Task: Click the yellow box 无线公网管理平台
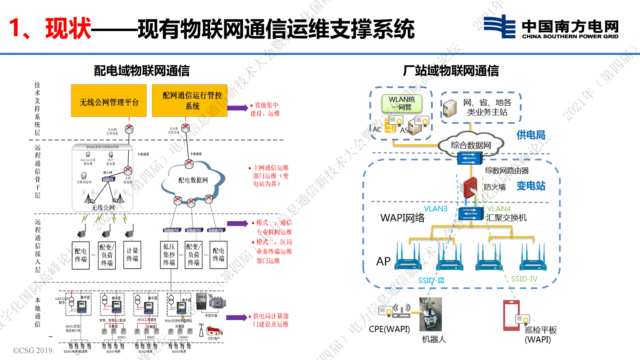109,101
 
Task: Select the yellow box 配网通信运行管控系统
190,101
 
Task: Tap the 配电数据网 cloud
193,180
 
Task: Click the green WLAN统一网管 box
402,103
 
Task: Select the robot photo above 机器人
431,314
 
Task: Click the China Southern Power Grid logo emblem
500,27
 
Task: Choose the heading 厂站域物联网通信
451,71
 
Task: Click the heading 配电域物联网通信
142,71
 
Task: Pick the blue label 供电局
531,135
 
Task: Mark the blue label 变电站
531,186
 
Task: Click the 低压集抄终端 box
169,255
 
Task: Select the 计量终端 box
132,255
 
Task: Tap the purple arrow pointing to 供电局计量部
236,318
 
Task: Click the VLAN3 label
436,209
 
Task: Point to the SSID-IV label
524,279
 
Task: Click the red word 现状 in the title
68,29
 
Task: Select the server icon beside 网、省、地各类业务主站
450,108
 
